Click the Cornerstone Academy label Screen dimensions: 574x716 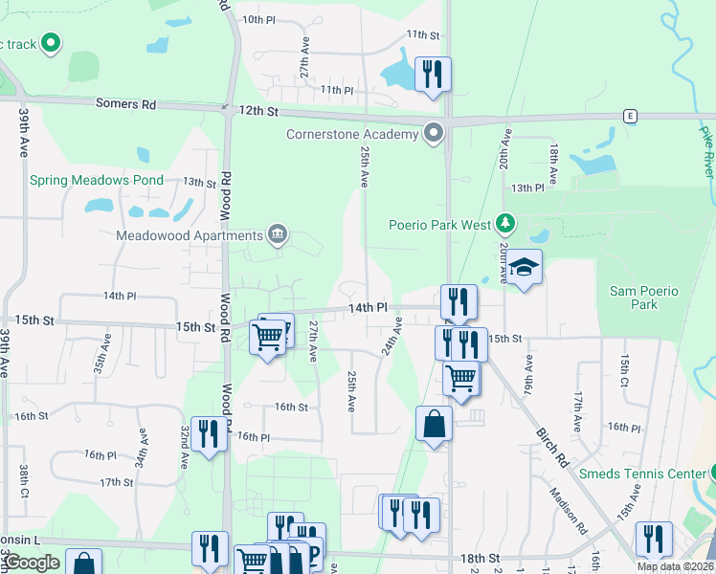tap(352, 134)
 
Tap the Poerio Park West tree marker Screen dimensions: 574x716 tap(506, 225)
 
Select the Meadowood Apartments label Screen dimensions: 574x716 tap(190, 235)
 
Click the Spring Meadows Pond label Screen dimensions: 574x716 tap(97, 180)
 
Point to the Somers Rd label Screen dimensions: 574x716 tap(125, 103)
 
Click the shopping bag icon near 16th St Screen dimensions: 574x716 tap(434, 423)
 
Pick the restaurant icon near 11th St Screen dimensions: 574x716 tap(433, 75)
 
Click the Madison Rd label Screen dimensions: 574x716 tap(567, 509)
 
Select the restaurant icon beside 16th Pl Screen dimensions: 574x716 tap(208, 433)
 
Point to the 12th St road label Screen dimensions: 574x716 tap(258, 112)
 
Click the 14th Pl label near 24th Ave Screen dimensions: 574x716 tap(367, 308)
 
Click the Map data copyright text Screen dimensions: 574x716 tap(674, 566)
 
